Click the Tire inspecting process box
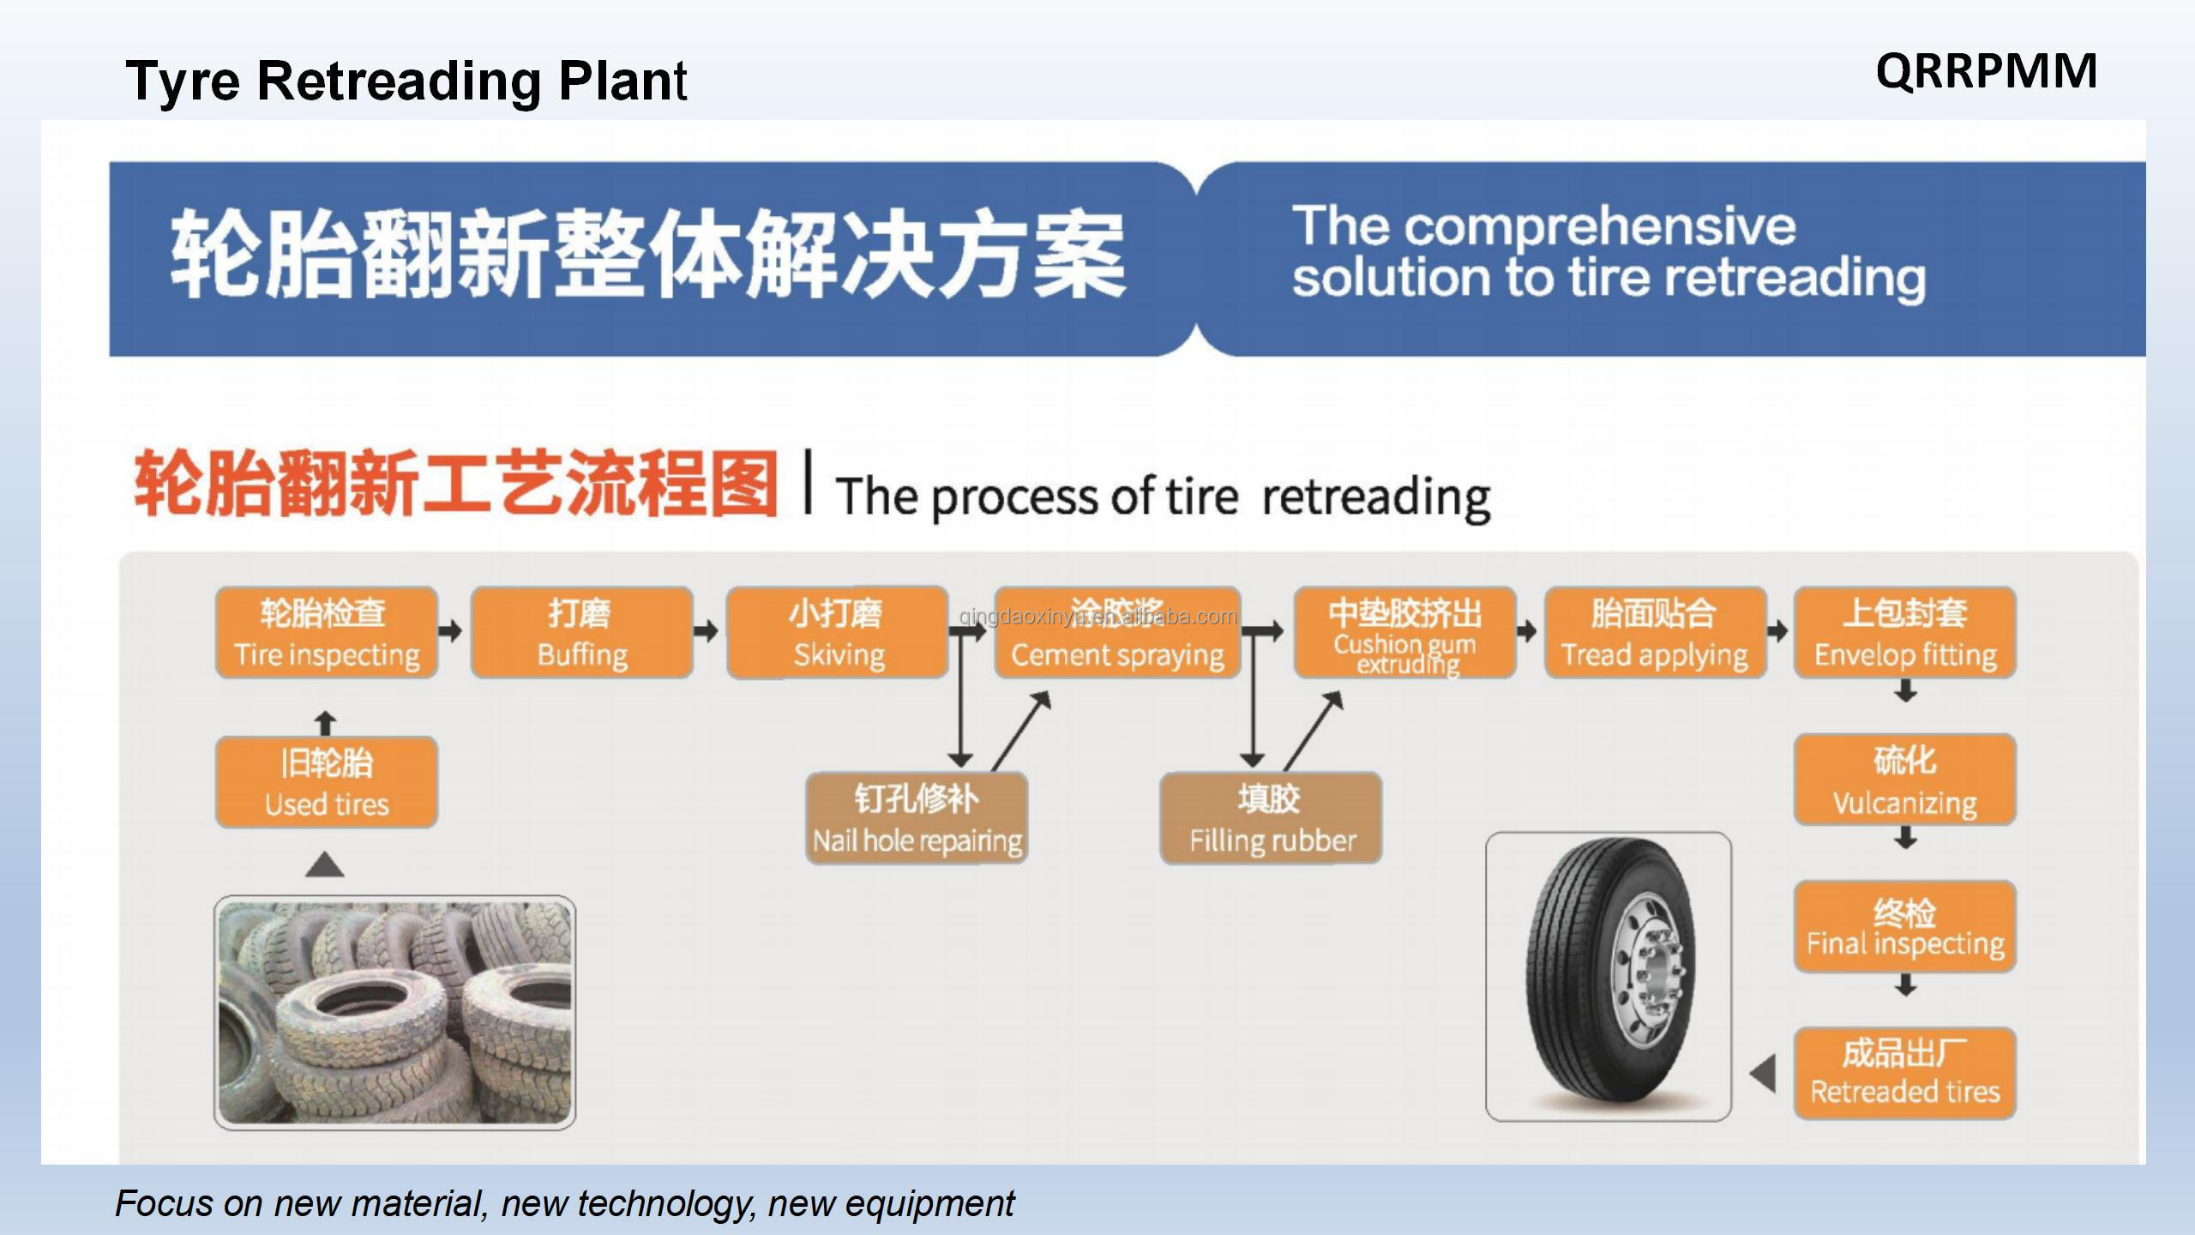tap(327, 633)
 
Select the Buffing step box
tap(581, 633)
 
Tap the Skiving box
tap(837, 633)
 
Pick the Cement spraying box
tap(1117, 633)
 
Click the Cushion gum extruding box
tap(1404, 633)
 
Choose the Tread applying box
tap(1655, 633)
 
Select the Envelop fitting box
tap(1904, 633)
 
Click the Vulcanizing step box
tap(1904, 780)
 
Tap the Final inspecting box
tap(1904, 926)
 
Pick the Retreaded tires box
tap(1904, 1073)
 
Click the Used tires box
tap(327, 782)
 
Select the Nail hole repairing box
tap(917, 818)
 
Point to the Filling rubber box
tap(1271, 818)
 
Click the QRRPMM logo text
tap(1986, 71)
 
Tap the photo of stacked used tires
tap(394, 1012)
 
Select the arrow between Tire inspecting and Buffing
tap(450, 632)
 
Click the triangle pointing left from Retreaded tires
tap(1763, 1074)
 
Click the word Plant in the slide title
tap(622, 81)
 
